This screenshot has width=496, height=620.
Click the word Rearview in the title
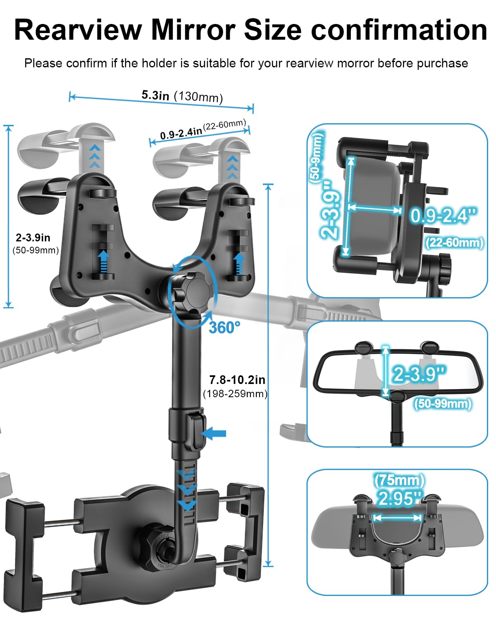[x=79, y=30]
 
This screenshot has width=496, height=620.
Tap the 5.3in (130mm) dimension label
[x=182, y=96]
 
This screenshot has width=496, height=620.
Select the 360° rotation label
[x=224, y=328]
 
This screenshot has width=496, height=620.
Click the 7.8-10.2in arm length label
[x=237, y=379]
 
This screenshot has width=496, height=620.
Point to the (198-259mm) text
[x=235, y=394]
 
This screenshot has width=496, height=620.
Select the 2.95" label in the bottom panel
[x=399, y=498]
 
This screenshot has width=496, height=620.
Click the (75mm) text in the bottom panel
[x=399, y=480]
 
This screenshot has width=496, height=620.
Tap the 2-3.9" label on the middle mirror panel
[x=420, y=374]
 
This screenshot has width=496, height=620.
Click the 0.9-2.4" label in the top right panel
[x=444, y=215]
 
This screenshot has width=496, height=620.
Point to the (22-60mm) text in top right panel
[x=454, y=243]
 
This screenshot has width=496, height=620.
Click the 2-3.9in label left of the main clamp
[x=33, y=238]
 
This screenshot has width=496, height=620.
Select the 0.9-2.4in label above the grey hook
[x=181, y=133]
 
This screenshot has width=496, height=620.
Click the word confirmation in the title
[x=399, y=30]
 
